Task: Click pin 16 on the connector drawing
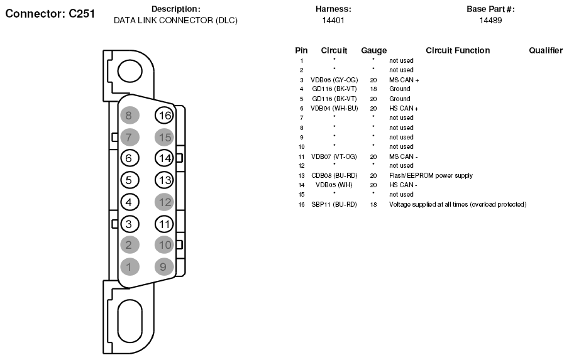tap(164, 116)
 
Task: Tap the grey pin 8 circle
tap(129, 116)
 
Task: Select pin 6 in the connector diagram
tap(129, 158)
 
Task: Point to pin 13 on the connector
tap(164, 180)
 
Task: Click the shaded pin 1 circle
tap(129, 267)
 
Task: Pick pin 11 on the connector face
tap(164, 224)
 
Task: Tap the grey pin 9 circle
tap(164, 267)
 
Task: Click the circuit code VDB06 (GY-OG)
tap(334, 80)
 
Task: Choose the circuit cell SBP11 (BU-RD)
tap(334, 204)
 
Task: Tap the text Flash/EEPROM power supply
tap(431, 175)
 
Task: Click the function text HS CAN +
tap(404, 108)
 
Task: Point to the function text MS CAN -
tap(404, 156)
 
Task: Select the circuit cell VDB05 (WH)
tap(334, 185)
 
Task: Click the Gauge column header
tap(373, 50)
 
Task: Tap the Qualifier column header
tap(545, 50)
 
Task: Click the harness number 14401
tap(333, 20)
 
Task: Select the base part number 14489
tap(490, 20)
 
